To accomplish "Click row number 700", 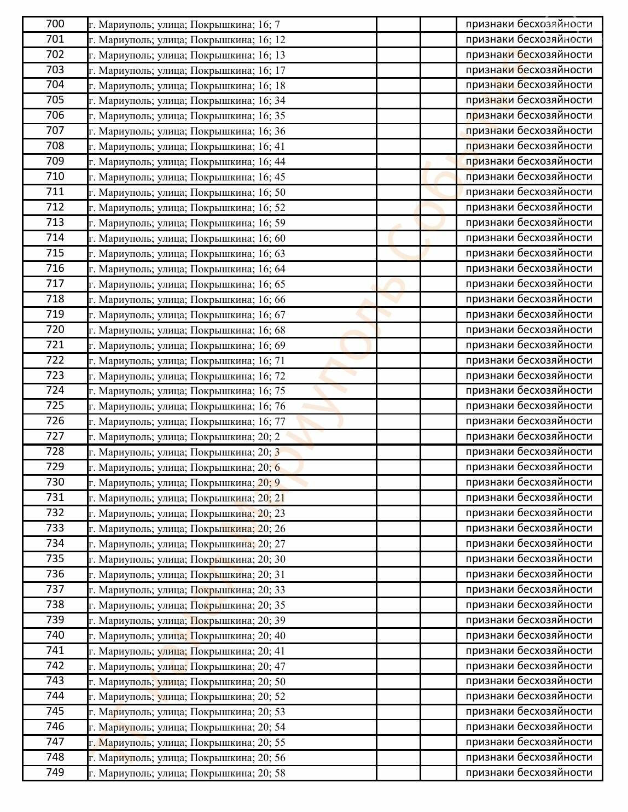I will pyautogui.click(x=55, y=24).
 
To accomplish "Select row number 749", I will pyautogui.click(x=55, y=773).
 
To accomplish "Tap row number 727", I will pyautogui.click(x=55, y=436).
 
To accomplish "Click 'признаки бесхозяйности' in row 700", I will pyautogui.click(x=528, y=24).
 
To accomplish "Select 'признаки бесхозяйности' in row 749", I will pyautogui.click(x=528, y=773).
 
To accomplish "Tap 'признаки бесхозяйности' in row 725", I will pyautogui.click(x=528, y=406).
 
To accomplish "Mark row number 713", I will pyautogui.click(x=55, y=223).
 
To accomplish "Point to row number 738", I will pyautogui.click(x=55, y=605).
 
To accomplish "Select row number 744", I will pyautogui.click(x=55, y=696).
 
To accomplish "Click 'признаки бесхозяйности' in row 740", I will pyautogui.click(x=528, y=635).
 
